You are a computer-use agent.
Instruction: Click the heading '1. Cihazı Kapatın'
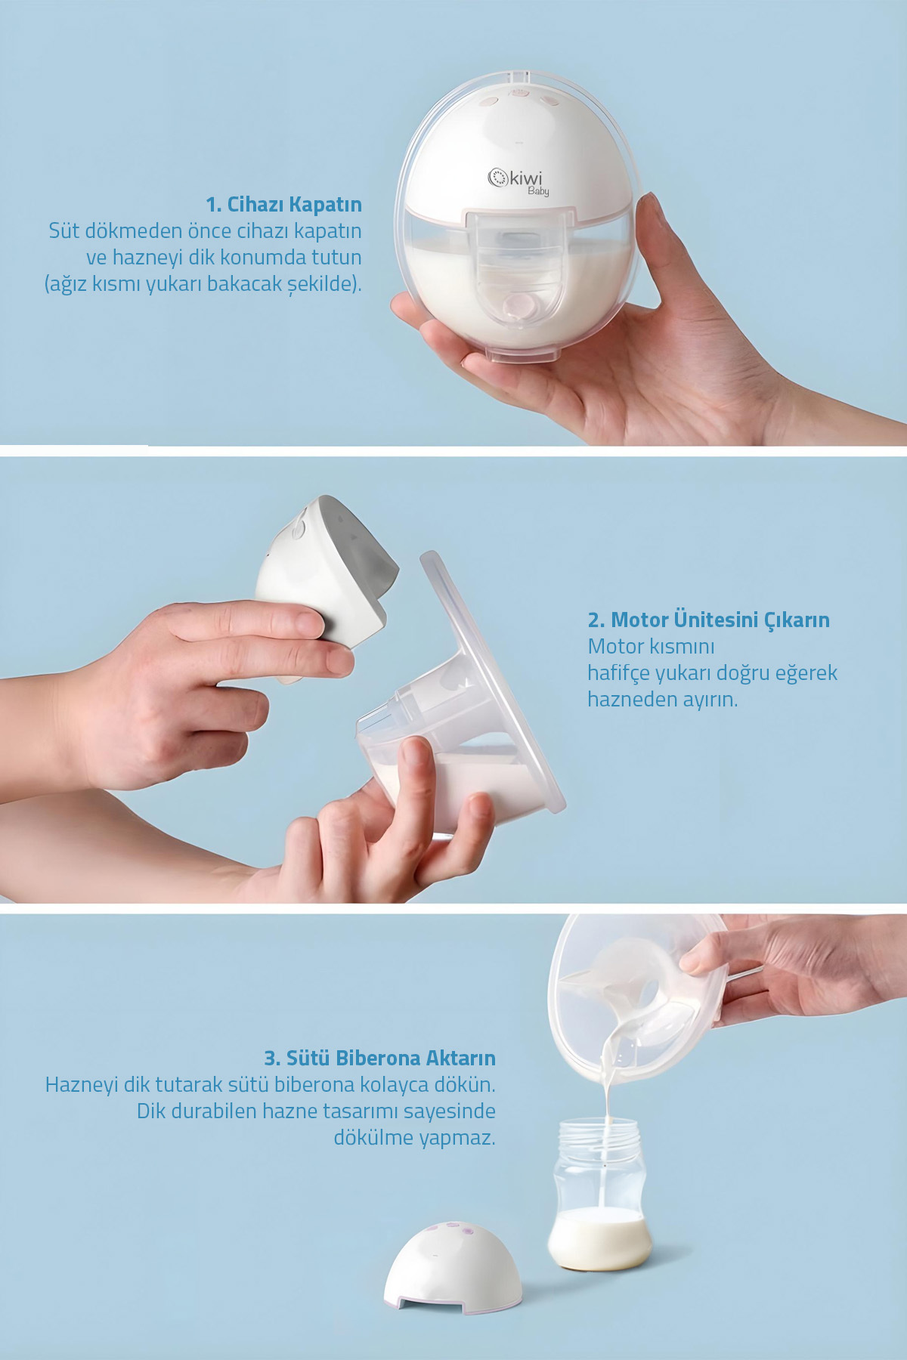pyautogui.click(x=284, y=204)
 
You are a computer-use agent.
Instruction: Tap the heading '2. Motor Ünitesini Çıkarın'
pyautogui.click(x=709, y=620)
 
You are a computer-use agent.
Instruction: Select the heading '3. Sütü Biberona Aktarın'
pyautogui.click(x=379, y=1057)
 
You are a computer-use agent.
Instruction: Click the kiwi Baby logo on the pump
pyautogui.click(x=519, y=181)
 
